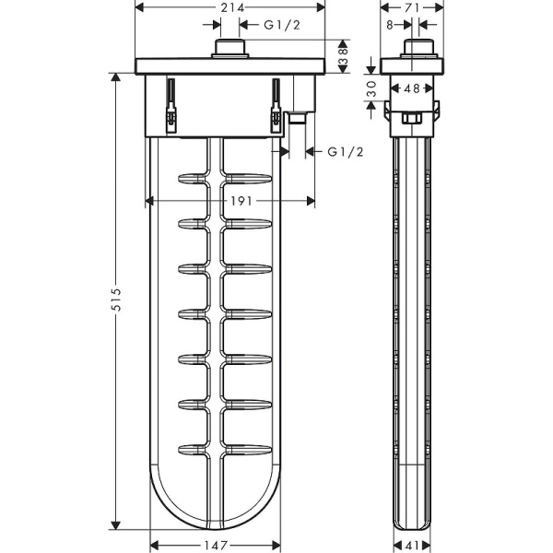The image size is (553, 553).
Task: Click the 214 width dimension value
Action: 232,7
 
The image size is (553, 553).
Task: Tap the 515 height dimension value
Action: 116,300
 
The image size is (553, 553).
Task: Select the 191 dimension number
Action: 241,201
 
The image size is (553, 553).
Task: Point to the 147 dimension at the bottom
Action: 216,546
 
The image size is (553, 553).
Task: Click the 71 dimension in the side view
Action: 412,7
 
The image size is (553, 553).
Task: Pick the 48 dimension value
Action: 412,88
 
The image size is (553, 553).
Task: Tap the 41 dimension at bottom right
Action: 412,546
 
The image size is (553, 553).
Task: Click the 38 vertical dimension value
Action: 343,56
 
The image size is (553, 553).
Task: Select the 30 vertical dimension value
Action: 371,88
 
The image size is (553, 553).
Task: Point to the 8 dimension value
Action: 390,25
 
